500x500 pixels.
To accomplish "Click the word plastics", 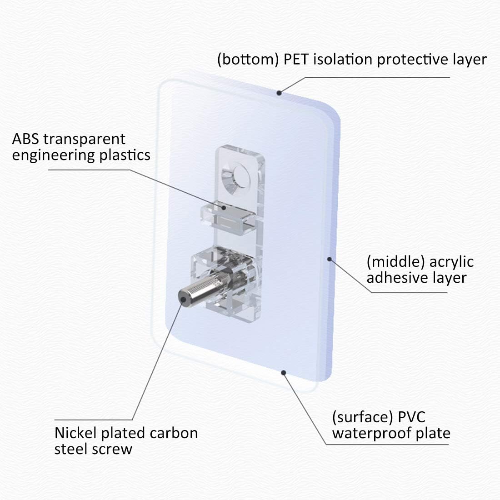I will click(124, 155).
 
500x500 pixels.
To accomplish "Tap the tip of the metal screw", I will click(182, 300).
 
